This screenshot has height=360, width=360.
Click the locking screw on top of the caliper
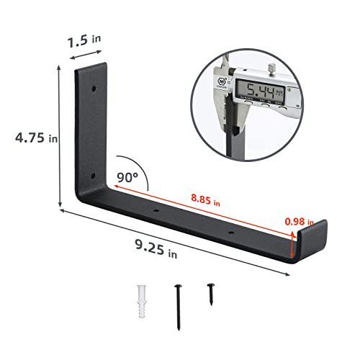coord(272,69)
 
